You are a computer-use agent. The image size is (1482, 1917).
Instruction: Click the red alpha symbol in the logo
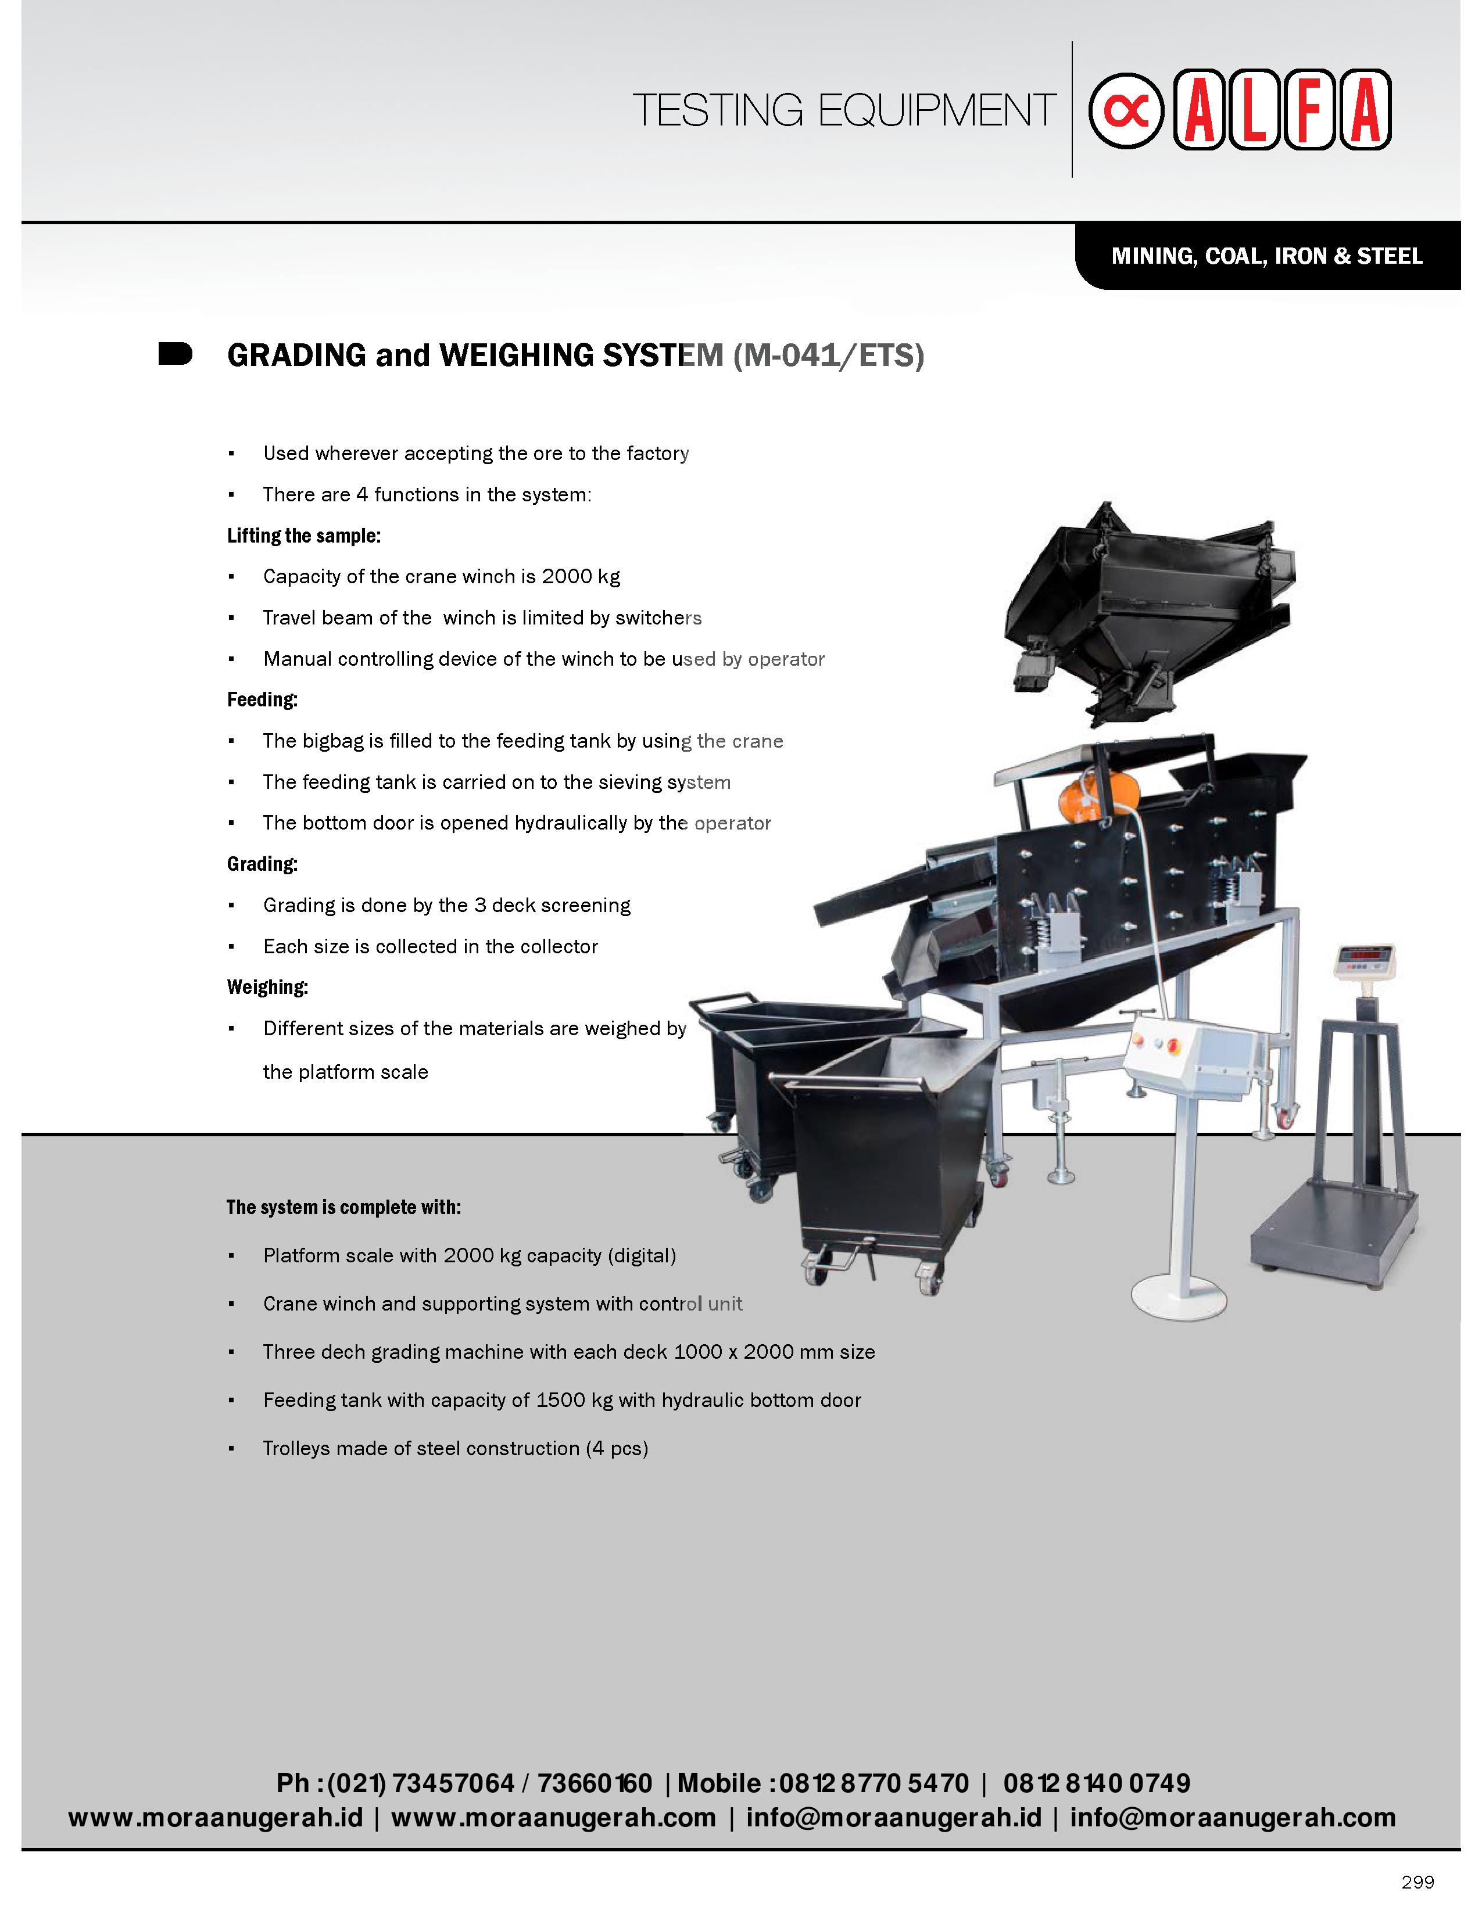point(1126,110)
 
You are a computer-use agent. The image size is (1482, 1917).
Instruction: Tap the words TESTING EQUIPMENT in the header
point(843,110)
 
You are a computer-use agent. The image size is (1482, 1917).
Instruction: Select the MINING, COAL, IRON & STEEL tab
point(1266,256)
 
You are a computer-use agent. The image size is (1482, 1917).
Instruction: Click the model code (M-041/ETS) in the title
point(829,356)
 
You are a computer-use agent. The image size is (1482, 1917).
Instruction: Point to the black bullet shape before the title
point(175,354)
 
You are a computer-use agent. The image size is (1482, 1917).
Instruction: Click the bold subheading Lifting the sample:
point(304,536)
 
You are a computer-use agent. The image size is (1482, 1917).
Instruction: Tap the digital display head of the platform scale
point(1363,961)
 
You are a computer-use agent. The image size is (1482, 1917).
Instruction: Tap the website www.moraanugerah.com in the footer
point(553,1817)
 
